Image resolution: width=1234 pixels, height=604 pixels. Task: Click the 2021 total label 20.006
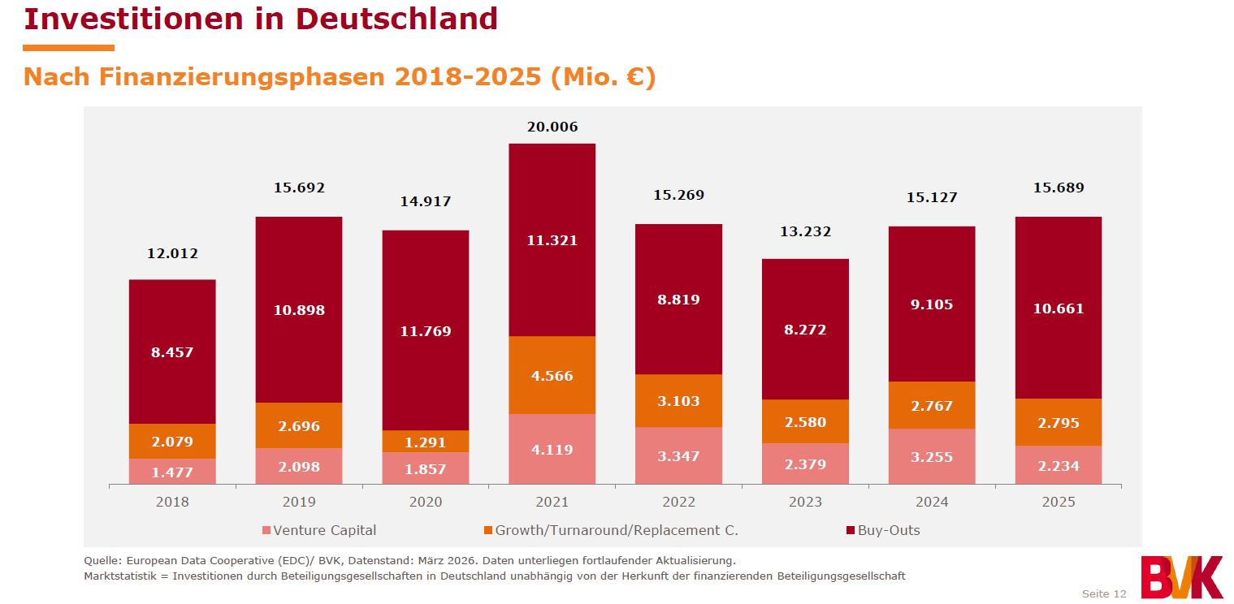click(552, 127)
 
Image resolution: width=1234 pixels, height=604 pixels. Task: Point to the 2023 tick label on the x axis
click(805, 502)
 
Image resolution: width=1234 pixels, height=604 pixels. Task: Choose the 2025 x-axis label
click(1058, 502)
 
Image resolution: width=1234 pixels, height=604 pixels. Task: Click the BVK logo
click(1181, 576)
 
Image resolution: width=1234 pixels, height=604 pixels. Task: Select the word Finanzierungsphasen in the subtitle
click(243, 77)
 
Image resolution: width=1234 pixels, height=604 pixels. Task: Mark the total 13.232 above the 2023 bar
click(805, 231)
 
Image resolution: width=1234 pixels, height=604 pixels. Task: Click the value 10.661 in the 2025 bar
click(1058, 308)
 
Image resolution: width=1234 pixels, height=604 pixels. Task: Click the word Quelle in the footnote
click(102, 560)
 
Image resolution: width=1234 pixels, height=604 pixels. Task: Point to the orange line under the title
click(69, 48)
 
